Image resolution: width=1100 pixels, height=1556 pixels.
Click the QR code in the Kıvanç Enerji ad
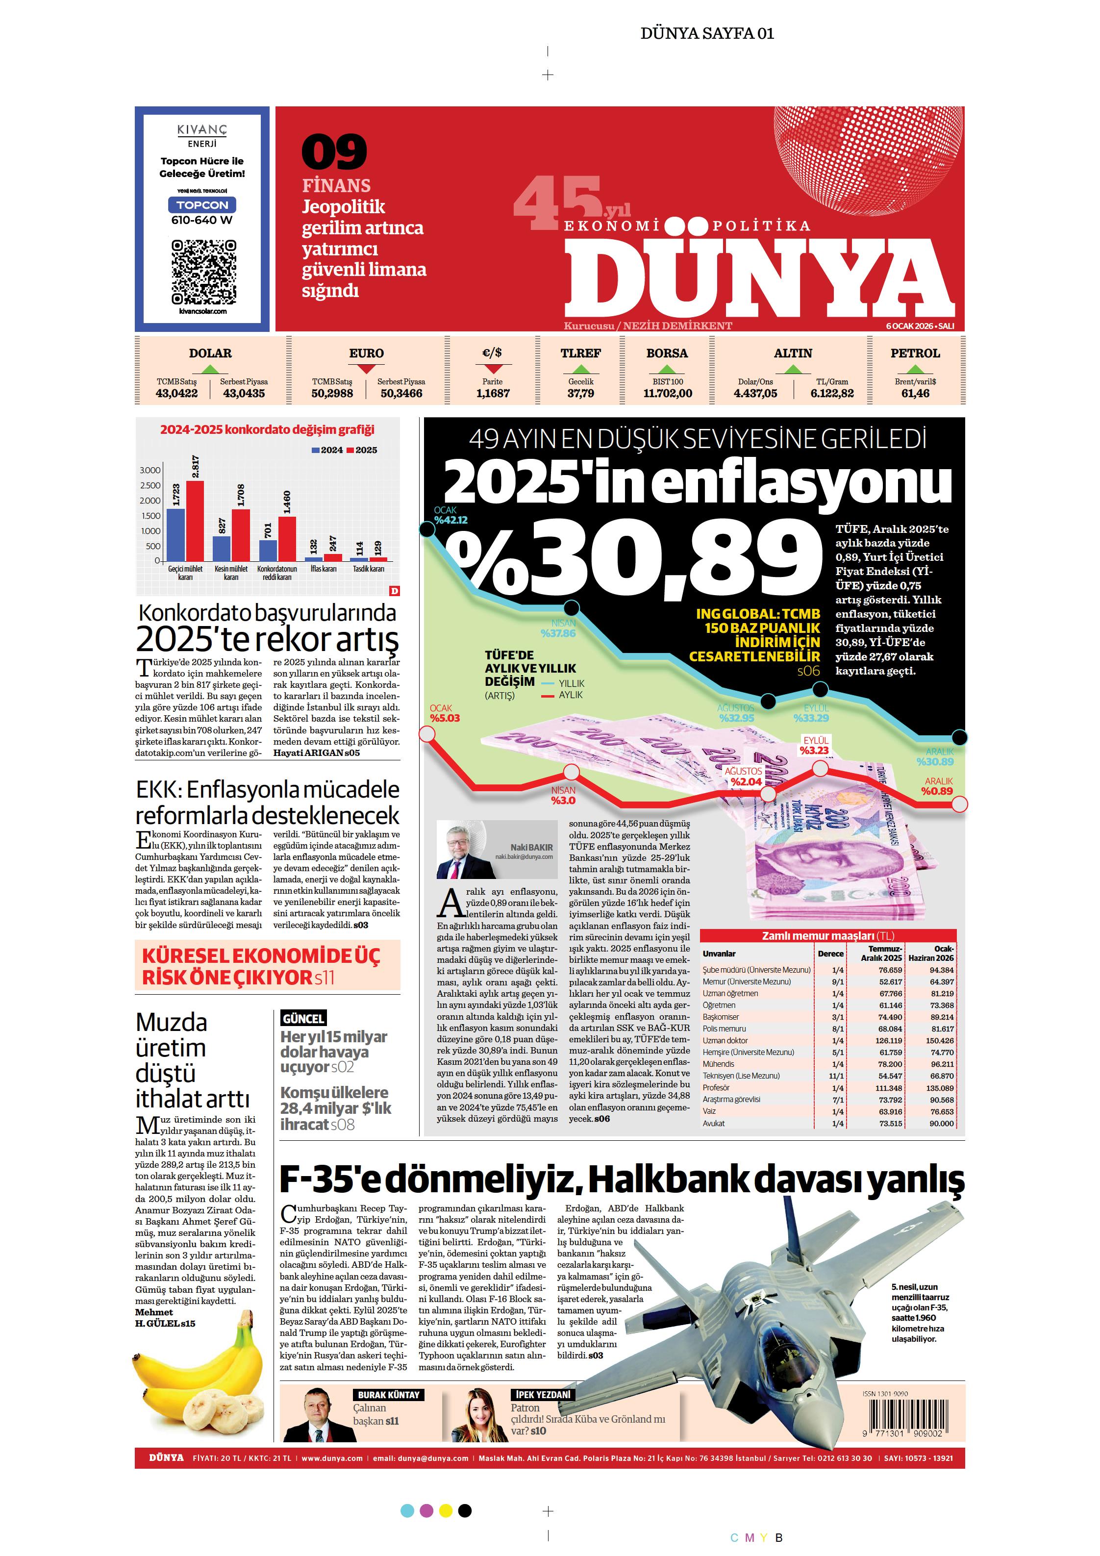[x=203, y=272]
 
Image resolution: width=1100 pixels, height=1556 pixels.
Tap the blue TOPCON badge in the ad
[x=202, y=204]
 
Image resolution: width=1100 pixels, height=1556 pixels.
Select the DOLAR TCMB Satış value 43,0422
[x=176, y=393]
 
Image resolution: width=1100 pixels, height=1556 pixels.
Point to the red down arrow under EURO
[x=366, y=369]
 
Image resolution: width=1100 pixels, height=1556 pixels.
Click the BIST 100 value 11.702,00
[x=668, y=393]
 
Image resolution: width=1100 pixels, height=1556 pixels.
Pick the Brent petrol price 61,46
[x=915, y=393]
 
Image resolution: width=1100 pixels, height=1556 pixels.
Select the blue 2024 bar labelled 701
[x=269, y=550]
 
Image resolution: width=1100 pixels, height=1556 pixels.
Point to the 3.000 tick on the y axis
[x=150, y=470]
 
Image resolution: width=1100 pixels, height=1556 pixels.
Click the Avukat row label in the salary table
[x=714, y=1123]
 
